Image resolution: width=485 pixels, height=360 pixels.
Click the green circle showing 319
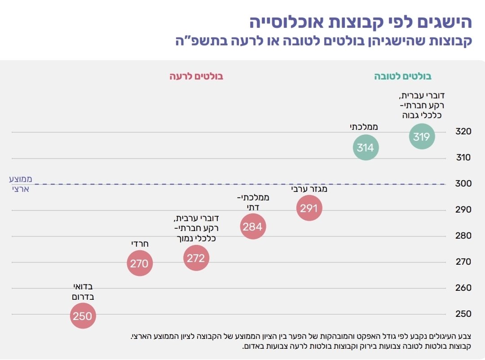pyautogui.click(x=422, y=136)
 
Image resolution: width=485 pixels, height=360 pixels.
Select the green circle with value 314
pyautogui.click(x=366, y=147)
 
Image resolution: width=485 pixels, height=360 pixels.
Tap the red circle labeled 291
pyautogui.click(x=309, y=208)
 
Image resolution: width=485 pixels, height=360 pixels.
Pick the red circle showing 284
pyautogui.click(x=252, y=227)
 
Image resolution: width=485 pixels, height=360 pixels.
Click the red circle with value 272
pyautogui.click(x=196, y=258)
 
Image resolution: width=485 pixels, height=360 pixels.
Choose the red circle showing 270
pyautogui.click(x=139, y=263)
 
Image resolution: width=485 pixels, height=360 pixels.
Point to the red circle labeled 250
pyautogui.click(x=83, y=316)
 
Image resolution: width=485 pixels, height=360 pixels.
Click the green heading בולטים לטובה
pyautogui.click(x=403, y=76)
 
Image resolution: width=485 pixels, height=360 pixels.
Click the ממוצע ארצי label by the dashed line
pyautogui.click(x=21, y=184)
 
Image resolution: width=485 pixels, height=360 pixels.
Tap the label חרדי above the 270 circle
pyautogui.click(x=140, y=244)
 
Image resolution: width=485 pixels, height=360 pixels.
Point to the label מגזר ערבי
pyautogui.click(x=309, y=189)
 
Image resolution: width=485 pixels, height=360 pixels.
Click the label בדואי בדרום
pyautogui.click(x=83, y=292)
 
